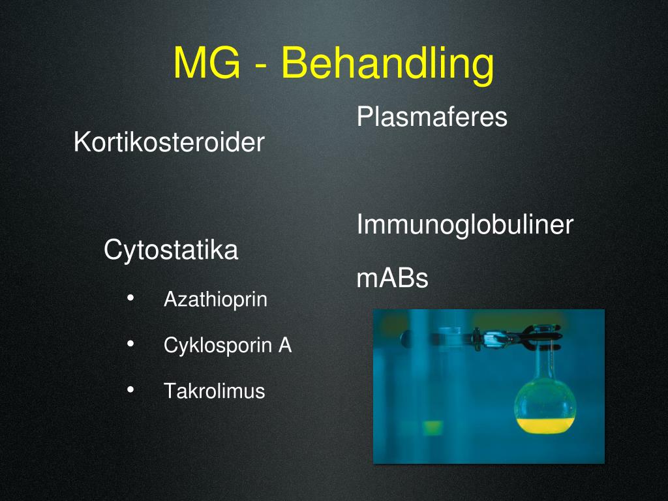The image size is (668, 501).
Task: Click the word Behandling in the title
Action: [x=387, y=65]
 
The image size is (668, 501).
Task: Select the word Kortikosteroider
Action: [x=169, y=142]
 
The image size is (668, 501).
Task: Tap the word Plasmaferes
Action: [x=432, y=117]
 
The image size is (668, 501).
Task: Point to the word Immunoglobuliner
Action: [x=464, y=225]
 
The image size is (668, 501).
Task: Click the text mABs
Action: [x=392, y=279]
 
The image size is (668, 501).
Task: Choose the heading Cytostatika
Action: [x=171, y=250]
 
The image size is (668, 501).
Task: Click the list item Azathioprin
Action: [x=215, y=300]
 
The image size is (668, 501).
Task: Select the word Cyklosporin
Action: [x=217, y=346]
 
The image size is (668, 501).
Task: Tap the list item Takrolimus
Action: [x=214, y=391]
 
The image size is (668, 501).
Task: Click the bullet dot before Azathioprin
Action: [x=130, y=298]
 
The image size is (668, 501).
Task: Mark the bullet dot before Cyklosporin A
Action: [x=130, y=344]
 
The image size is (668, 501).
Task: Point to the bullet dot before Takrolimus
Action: [x=130, y=389]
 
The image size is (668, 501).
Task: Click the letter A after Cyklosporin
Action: [x=285, y=346]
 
